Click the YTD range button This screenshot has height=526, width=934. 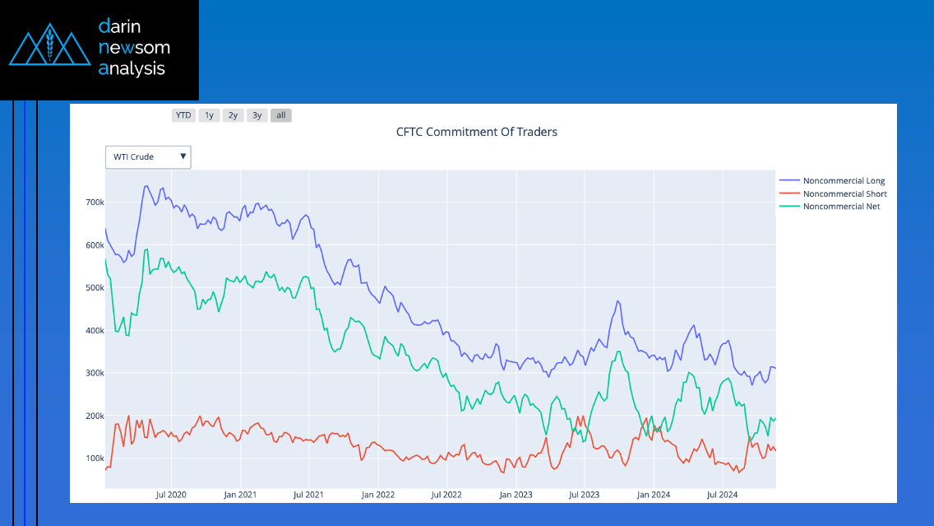[x=183, y=115]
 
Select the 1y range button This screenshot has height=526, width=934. [x=209, y=115]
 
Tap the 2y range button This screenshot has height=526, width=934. [x=233, y=115]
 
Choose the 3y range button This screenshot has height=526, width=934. [x=257, y=115]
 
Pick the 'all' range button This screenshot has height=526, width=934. [x=281, y=115]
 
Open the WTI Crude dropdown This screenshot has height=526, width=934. [x=148, y=157]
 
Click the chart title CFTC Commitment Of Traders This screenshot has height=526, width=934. [x=477, y=132]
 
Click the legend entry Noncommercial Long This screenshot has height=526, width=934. [x=844, y=180]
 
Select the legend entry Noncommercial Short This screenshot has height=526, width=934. [x=844, y=193]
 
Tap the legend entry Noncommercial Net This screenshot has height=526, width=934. [x=841, y=207]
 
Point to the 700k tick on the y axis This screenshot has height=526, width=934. [x=95, y=202]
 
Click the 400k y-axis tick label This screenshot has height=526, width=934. [x=95, y=331]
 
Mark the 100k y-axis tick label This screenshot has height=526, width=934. [x=95, y=459]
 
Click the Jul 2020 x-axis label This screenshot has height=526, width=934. [x=171, y=495]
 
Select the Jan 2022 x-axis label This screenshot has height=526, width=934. [x=378, y=495]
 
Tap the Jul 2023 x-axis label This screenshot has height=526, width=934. [x=585, y=495]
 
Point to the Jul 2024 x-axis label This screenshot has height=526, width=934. [x=723, y=495]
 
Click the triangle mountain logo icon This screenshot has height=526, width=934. [x=49, y=48]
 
